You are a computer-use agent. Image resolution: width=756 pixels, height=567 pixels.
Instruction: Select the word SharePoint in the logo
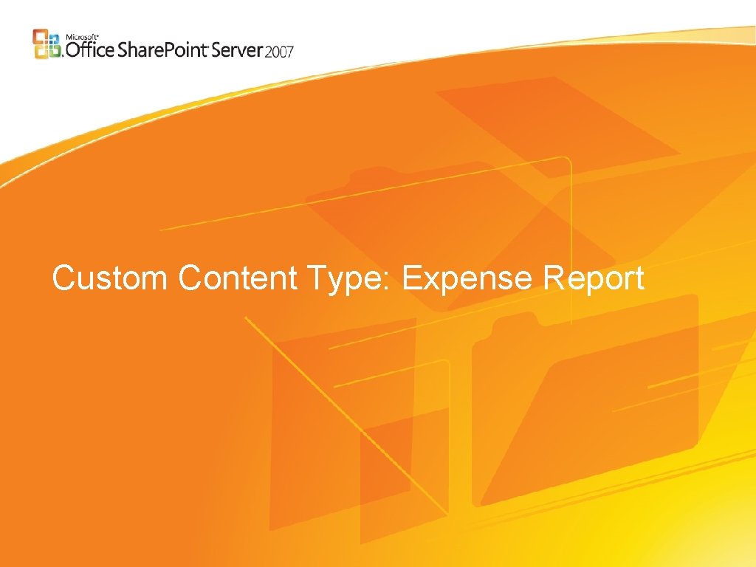click(163, 49)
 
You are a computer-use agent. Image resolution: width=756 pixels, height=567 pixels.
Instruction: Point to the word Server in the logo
click(238, 49)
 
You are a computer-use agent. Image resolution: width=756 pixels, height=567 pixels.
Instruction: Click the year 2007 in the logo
click(280, 51)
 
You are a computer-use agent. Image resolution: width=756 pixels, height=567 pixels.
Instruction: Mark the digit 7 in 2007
click(289, 51)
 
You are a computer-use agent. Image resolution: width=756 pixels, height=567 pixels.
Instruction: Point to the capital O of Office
click(74, 49)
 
